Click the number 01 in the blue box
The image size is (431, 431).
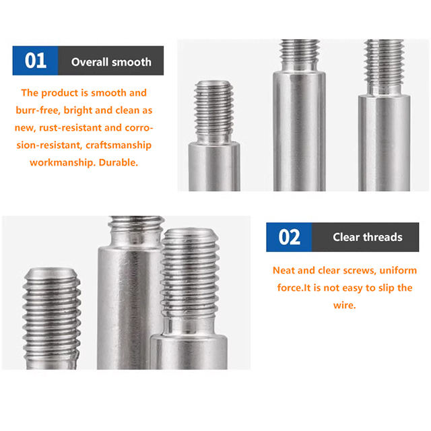[x=36, y=61]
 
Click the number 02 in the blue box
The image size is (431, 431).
[x=289, y=237]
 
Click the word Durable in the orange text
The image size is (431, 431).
[x=119, y=162]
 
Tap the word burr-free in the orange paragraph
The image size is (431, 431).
[x=38, y=110]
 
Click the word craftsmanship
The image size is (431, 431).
[x=119, y=145]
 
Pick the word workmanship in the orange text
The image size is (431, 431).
[x=63, y=162]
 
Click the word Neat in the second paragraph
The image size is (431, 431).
[x=284, y=271]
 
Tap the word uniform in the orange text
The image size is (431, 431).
[x=398, y=271]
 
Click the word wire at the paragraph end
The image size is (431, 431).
[x=344, y=305]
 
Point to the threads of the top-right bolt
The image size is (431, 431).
[x=384, y=64]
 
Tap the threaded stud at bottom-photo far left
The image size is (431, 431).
[x=52, y=316]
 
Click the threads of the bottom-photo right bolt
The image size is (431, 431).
[x=190, y=273]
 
